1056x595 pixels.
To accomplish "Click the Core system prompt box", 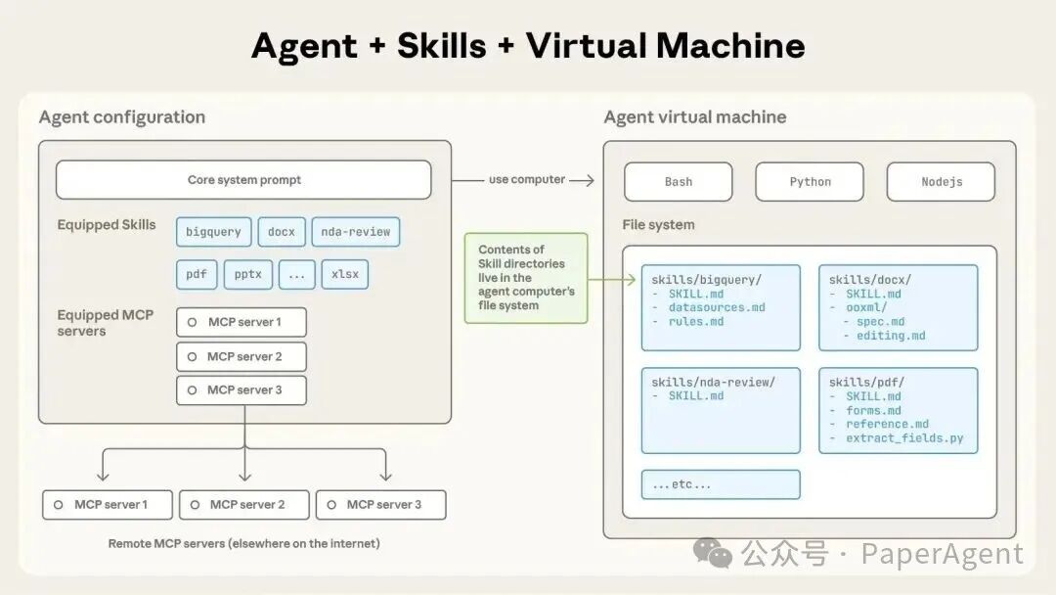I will pos(243,180).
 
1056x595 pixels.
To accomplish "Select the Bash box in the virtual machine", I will pos(679,182).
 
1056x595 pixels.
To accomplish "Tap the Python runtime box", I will pos(810,182).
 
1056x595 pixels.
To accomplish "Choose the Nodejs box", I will pos(941,182).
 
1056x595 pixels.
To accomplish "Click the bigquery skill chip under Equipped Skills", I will pos(213,232).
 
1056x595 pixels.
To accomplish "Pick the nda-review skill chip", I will pos(356,232).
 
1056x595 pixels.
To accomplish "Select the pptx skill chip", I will pos(248,274).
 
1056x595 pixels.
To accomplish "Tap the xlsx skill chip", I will pos(345,274).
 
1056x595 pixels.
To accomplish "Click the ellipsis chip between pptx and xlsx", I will pos(297,274).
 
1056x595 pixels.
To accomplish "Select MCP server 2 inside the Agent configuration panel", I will pos(242,356).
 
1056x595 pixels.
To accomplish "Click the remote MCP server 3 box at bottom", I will pos(381,505).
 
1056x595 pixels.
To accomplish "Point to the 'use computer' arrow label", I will pos(527,180).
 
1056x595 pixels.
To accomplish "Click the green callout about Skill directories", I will pos(526,278).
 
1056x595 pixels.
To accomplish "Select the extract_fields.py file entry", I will pos(904,438).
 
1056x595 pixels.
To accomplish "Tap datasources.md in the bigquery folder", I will pos(717,307).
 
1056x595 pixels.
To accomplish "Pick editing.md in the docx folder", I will pos(890,336).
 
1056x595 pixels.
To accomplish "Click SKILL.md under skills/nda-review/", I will pos(696,396).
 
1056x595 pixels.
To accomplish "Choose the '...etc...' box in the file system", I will pos(721,484).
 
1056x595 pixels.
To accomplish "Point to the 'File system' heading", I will pos(658,225).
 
